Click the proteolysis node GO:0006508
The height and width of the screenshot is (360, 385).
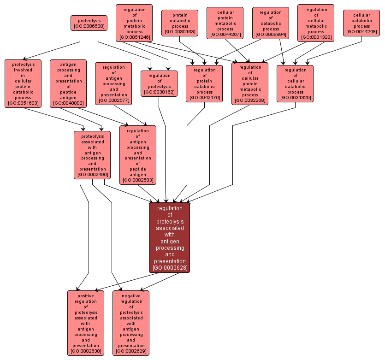tap(89, 23)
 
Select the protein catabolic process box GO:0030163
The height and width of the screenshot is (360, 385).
tap(180, 23)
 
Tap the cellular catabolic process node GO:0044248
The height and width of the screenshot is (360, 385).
tap(361, 23)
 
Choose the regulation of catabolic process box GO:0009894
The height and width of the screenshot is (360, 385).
tap(271, 23)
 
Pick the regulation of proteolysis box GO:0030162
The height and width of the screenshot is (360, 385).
tap(159, 83)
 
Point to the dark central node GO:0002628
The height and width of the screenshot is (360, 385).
tap(170, 237)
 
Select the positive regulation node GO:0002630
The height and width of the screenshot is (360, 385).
tap(86, 323)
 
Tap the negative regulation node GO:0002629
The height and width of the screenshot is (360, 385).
tap(131, 323)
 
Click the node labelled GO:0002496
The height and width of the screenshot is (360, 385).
tap(92, 155)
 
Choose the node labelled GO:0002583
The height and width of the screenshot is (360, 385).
tap(138, 155)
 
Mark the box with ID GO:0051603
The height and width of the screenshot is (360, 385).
tap(23, 83)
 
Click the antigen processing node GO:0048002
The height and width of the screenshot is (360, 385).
tap(68, 83)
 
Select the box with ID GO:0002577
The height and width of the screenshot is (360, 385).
tap(113, 83)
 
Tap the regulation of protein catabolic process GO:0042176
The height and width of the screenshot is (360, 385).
tap(204, 83)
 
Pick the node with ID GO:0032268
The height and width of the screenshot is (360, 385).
tap(249, 83)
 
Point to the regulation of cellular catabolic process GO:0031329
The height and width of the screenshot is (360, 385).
tap(295, 83)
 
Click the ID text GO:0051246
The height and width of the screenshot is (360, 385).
tap(134, 37)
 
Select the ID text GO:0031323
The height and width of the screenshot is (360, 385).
tap(316, 37)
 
